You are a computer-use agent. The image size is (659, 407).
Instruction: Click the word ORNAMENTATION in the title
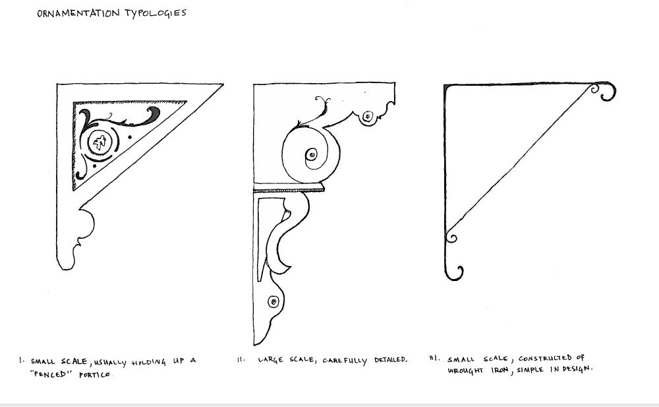click(x=78, y=13)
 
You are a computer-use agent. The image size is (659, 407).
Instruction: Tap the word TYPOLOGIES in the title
click(x=156, y=13)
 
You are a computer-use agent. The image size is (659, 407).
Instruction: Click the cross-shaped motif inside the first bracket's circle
click(x=100, y=142)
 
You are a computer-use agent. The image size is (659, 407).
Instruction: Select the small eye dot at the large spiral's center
click(x=312, y=154)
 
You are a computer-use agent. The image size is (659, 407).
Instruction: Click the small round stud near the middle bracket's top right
click(x=368, y=115)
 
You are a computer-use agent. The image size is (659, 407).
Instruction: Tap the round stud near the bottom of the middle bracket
click(x=273, y=301)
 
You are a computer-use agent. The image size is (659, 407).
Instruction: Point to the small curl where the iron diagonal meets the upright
click(x=451, y=237)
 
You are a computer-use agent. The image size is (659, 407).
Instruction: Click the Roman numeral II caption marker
click(x=241, y=360)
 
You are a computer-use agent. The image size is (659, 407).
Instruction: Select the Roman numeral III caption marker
click(x=434, y=358)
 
